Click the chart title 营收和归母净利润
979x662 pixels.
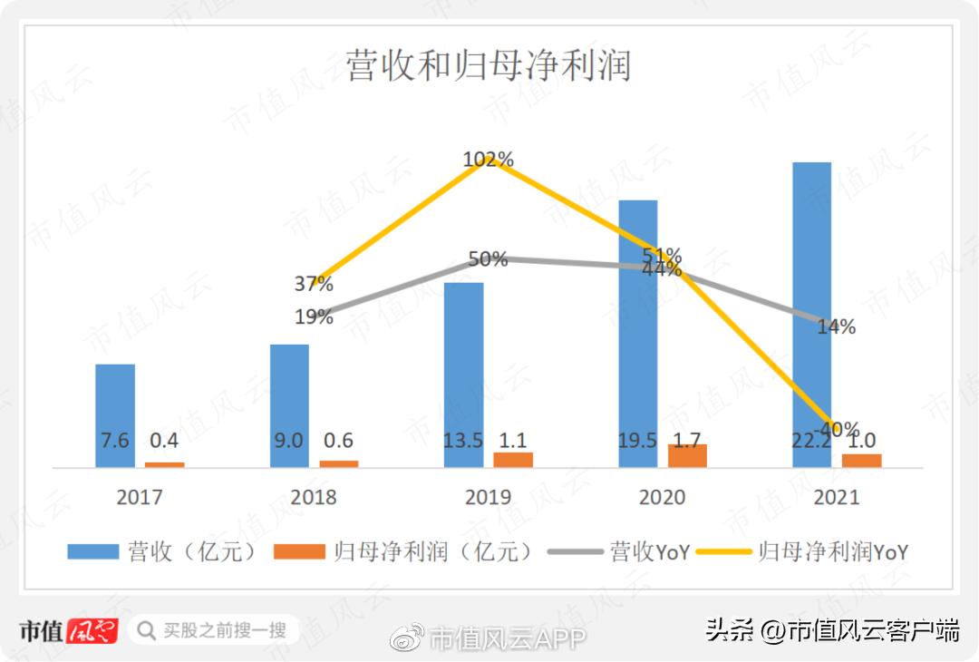tap(488, 66)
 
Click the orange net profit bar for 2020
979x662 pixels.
tap(687, 456)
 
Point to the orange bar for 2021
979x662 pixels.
tap(861, 461)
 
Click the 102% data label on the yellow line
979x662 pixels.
tap(488, 160)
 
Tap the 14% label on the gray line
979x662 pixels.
tap(836, 327)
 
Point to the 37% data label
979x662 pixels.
tap(314, 284)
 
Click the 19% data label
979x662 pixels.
tap(314, 317)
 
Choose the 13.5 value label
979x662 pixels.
tap(463, 441)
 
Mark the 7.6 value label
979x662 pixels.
tap(114, 441)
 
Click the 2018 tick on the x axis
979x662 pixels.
tap(314, 497)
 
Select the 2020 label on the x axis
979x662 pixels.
tap(663, 497)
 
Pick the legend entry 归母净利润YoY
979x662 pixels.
tap(820, 551)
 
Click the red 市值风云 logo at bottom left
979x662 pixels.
tap(68, 630)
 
